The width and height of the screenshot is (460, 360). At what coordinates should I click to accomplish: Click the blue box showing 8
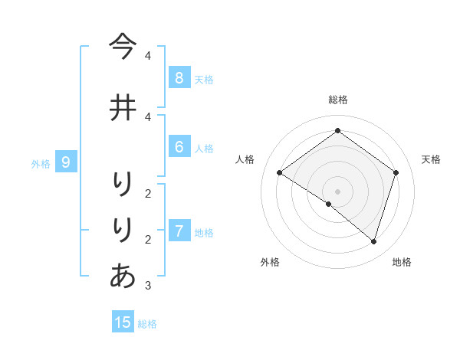[x=179, y=77]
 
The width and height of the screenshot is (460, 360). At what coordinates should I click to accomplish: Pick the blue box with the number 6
[x=179, y=147]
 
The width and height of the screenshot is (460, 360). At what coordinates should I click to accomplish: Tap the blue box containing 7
[x=179, y=231]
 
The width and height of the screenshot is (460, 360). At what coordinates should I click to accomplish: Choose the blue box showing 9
[x=66, y=162]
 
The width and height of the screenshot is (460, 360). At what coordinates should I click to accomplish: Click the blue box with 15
[x=123, y=322]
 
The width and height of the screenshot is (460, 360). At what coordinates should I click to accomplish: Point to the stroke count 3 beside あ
[x=147, y=286]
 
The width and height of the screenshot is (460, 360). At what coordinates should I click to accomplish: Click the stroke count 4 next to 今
[x=147, y=56]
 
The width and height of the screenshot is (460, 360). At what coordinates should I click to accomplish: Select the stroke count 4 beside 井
[x=147, y=116]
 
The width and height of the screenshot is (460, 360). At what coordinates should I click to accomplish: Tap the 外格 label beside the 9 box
[x=41, y=163]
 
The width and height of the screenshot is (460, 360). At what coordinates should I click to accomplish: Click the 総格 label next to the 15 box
[x=147, y=324]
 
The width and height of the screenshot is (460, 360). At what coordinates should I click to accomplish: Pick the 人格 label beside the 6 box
[x=204, y=149]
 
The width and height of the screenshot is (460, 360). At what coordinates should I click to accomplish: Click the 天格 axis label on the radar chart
[x=431, y=159]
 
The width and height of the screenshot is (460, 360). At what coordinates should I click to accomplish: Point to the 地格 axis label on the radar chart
[x=402, y=262]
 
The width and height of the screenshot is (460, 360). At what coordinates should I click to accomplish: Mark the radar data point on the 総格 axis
[x=337, y=131]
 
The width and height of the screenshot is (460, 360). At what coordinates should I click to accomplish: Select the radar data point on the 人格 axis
[x=280, y=173]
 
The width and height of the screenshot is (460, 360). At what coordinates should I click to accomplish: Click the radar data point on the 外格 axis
[x=329, y=205]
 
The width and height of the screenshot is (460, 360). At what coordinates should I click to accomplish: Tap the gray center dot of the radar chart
[x=337, y=191]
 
